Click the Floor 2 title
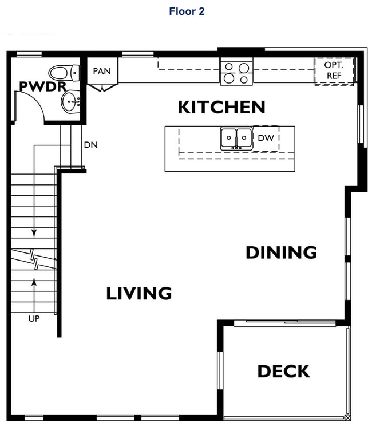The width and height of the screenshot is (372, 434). coord(186,11)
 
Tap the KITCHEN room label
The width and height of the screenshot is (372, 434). coord(221,107)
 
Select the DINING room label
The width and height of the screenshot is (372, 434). coord(281,252)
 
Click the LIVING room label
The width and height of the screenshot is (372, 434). coord(139,294)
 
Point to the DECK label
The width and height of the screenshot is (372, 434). coord(283,371)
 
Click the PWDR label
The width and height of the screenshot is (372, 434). coord(42,86)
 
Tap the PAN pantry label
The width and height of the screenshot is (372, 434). coord(102,72)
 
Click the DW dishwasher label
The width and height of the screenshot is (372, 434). coord(266,138)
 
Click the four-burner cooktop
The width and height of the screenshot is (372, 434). coord(236,73)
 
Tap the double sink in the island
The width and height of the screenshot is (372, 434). coord(236,139)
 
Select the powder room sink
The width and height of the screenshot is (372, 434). coord(70,103)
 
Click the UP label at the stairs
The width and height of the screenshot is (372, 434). coord(34,318)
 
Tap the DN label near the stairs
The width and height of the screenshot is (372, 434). coord(90,145)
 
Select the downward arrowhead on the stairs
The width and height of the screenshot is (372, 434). coord(34,233)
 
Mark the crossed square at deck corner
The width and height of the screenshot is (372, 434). coord(347,418)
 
